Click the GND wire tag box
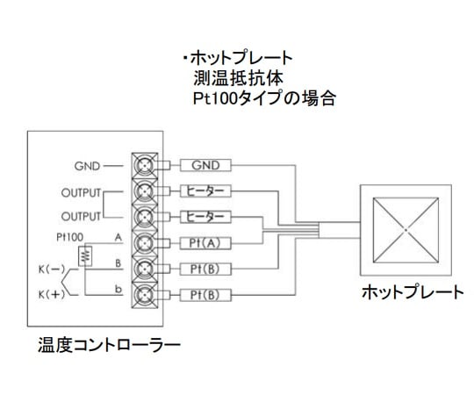point(205,165)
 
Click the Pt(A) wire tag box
point(205,241)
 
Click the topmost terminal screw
point(145,165)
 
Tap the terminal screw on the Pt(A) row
point(145,241)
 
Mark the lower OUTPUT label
point(81,216)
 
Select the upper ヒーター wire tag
point(205,190)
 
